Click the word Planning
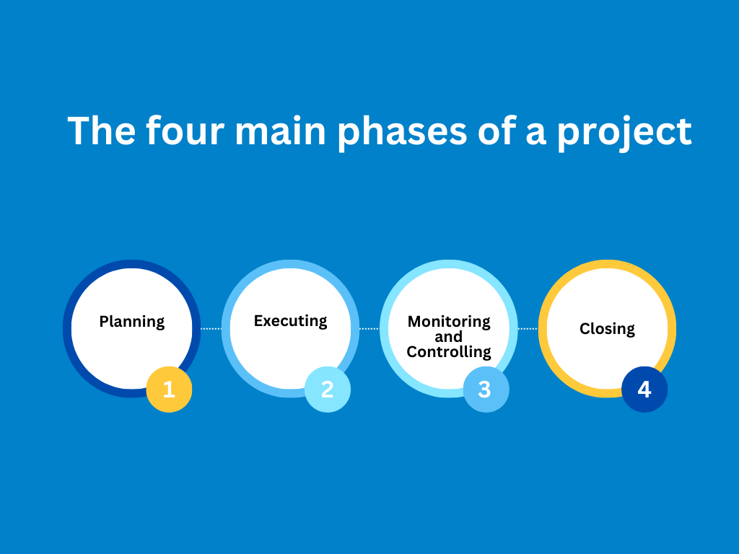pos(132,322)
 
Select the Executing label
pos(290,321)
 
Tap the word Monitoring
pos(449,321)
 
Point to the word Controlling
pos(449,352)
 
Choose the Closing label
pos(607,329)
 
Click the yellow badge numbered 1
pos(169,389)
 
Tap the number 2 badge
pos(328,389)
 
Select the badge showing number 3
pos(486,389)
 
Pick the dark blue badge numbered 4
pos(644,389)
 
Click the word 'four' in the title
pos(185,131)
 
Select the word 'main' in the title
pos(281,131)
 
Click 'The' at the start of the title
pos(101,131)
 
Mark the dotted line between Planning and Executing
pos(211,329)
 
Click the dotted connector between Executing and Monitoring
pos(369,329)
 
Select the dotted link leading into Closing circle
pos(528,329)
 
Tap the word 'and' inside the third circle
pos(448,337)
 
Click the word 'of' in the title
pos(497,131)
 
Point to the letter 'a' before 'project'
pos(536,134)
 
